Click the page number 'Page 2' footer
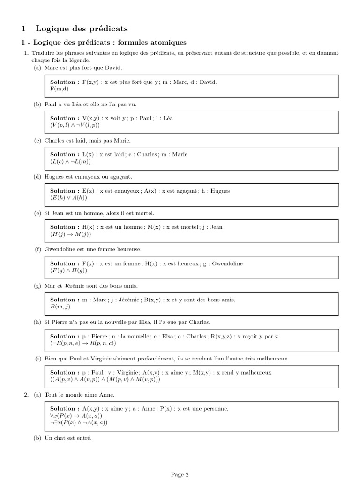click(180, 474)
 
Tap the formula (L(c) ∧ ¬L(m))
click(70, 161)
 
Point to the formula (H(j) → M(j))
click(71, 234)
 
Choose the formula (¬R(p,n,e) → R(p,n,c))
click(86, 343)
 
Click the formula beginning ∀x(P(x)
click(76, 416)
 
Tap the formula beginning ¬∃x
click(79, 422)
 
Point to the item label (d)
click(37, 177)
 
